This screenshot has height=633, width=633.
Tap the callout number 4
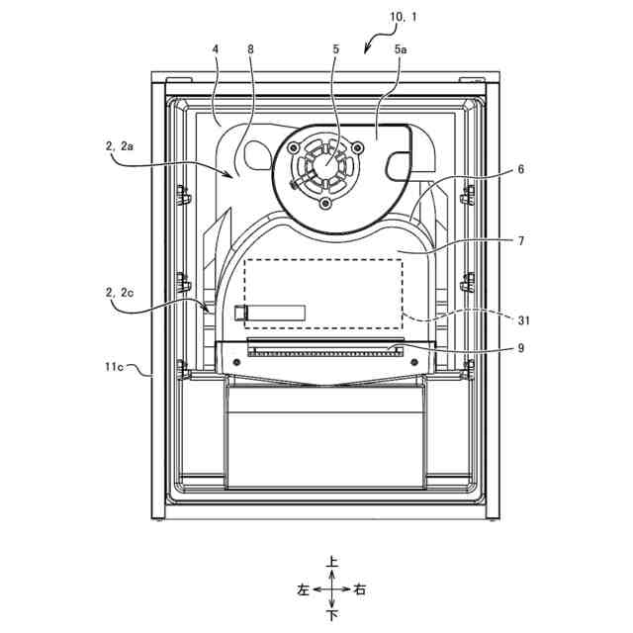[x=215, y=46]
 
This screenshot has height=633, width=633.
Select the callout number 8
[x=251, y=46]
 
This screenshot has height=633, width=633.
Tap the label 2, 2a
[x=119, y=145]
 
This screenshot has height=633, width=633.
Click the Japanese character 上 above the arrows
[x=332, y=562]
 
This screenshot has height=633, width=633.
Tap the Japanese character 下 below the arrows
[x=332, y=615]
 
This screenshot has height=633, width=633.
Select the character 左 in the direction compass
[x=304, y=589]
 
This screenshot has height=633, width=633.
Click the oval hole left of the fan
[x=254, y=150]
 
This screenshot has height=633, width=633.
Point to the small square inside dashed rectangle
[x=240, y=313]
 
